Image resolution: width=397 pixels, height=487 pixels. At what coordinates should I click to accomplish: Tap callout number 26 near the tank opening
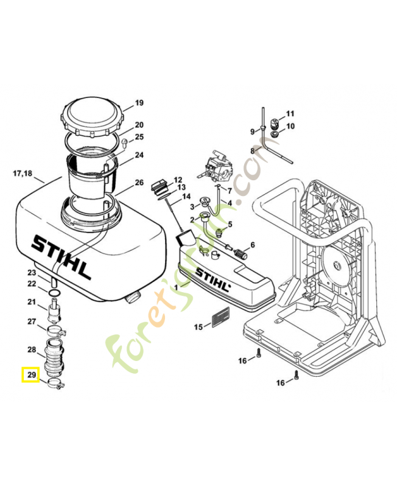[139, 182]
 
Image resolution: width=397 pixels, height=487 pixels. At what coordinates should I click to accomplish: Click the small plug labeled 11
[275, 123]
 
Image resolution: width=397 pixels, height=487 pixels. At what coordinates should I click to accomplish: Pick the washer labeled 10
[275, 134]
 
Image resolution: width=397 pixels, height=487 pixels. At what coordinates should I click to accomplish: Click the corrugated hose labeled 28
[54, 356]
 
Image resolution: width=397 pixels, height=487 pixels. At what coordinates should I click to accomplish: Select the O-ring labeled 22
[54, 293]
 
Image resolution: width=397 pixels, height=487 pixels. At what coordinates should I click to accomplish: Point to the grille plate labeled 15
[220, 317]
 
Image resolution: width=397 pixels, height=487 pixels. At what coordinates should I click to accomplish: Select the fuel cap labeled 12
[159, 186]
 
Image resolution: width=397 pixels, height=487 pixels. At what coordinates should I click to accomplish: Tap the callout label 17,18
[23, 173]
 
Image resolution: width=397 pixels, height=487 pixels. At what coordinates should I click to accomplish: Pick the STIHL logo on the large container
[61, 257]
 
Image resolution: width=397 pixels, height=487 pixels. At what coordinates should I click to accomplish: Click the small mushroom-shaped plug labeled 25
[125, 144]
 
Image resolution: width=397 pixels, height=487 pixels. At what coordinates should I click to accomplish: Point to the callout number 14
[186, 196]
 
